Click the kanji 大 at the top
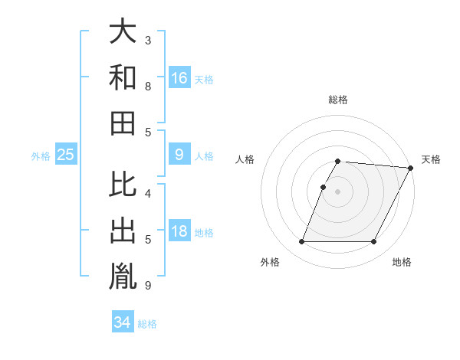[123, 32]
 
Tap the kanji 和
[123, 77]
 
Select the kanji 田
[123, 121]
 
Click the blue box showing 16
[179, 77]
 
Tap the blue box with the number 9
[179, 155]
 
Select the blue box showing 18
[179, 232]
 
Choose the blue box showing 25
[66, 155]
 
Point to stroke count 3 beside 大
[147, 39]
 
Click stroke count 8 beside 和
[147, 87]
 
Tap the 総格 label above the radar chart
[338, 100]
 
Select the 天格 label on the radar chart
[431, 159]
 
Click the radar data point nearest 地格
[374, 242]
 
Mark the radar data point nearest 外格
[301, 242]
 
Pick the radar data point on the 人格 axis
[324, 187]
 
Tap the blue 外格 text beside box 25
[40, 155]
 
